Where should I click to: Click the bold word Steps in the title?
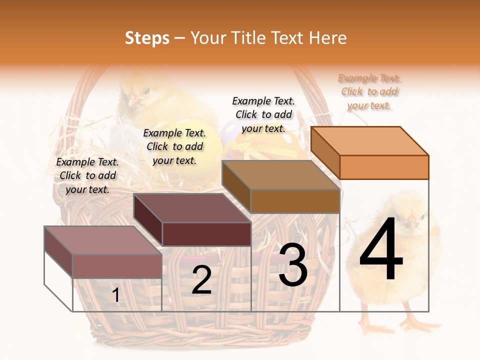147,38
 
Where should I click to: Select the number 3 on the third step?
293,265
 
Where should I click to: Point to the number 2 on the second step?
201,280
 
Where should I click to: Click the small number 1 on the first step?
116,295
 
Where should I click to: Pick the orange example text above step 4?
369,91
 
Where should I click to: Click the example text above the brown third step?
263,114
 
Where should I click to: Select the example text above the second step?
174,146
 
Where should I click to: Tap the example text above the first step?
87,175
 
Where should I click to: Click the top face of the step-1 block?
103,240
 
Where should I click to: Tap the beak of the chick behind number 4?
411,220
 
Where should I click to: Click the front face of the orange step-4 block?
384,167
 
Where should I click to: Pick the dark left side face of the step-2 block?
148,220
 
